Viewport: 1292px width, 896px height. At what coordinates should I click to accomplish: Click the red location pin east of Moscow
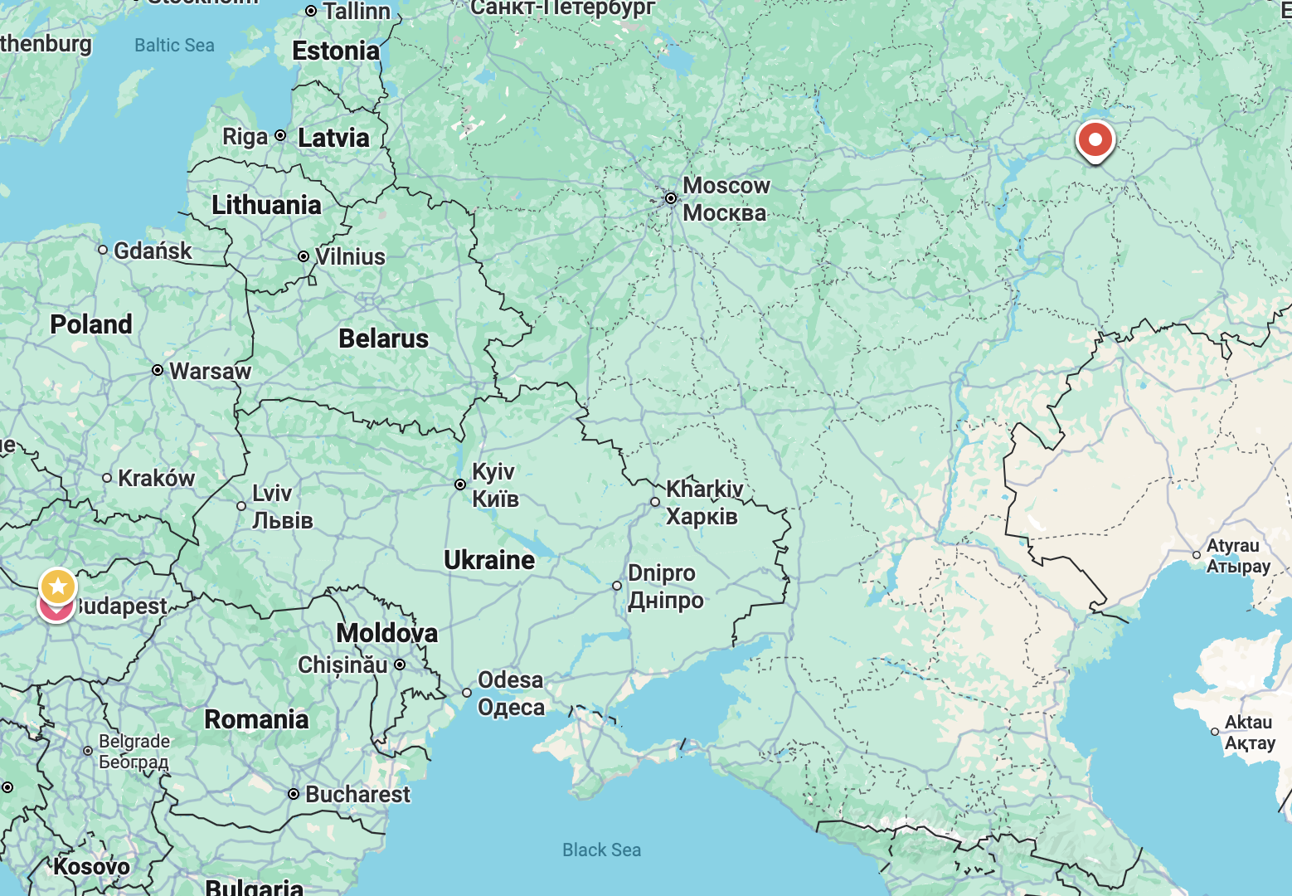tap(1095, 140)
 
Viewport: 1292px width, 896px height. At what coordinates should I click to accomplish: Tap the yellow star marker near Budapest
tap(57, 587)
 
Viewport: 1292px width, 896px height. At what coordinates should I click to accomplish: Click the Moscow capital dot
tap(670, 198)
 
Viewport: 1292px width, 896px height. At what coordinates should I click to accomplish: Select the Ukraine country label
tap(489, 560)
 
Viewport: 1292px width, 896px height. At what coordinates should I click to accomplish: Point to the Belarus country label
tap(383, 338)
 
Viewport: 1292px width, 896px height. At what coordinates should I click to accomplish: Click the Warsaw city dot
tap(158, 370)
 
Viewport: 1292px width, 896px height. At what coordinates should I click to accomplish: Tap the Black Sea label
tap(601, 850)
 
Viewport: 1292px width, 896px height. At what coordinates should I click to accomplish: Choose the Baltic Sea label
tap(174, 46)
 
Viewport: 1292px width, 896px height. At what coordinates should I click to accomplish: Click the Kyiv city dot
tap(460, 485)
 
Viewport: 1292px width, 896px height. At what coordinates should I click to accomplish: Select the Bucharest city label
tap(357, 794)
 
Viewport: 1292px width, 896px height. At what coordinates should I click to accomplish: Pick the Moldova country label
tap(386, 633)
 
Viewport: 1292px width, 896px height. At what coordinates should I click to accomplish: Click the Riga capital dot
tap(280, 135)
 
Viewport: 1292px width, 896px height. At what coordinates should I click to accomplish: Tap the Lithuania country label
tap(266, 205)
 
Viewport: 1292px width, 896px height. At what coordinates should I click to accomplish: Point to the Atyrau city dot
tap(1197, 555)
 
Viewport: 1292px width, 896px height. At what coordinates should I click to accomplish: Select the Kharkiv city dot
tap(655, 502)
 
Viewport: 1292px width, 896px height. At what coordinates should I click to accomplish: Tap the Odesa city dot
tap(467, 693)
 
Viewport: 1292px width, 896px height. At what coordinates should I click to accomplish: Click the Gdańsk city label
tap(153, 251)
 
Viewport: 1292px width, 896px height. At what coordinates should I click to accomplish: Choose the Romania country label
tap(256, 719)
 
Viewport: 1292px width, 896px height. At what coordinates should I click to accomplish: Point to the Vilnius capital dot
tap(304, 257)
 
